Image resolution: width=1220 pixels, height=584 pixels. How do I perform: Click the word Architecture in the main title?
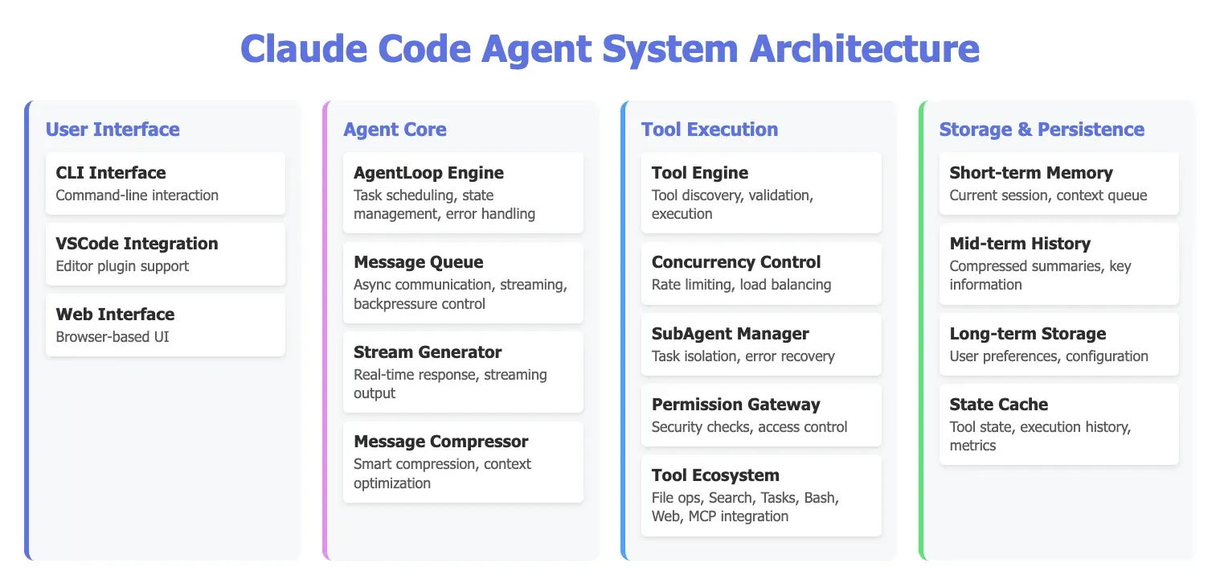pyautogui.click(x=864, y=48)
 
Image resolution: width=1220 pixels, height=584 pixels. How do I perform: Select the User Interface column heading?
pyautogui.click(x=113, y=130)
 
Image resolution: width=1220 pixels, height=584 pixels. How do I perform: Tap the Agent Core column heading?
pyautogui.click(x=395, y=130)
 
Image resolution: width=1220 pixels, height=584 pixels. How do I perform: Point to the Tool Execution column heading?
pyautogui.click(x=710, y=130)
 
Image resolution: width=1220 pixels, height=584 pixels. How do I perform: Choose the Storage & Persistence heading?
pyautogui.click(x=1042, y=130)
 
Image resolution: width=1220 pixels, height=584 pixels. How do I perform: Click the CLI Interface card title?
pyautogui.click(x=111, y=172)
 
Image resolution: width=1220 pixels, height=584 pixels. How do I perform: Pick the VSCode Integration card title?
pyautogui.click(x=137, y=243)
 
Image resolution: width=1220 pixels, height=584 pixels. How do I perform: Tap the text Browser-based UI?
pyautogui.click(x=113, y=336)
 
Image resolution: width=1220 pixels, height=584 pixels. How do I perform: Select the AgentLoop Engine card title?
pyautogui.click(x=428, y=173)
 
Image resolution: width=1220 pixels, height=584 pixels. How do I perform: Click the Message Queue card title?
pyautogui.click(x=418, y=261)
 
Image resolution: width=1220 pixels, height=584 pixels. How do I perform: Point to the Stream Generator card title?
pyautogui.click(x=428, y=352)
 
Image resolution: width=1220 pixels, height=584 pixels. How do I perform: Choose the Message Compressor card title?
pyautogui.click(x=441, y=441)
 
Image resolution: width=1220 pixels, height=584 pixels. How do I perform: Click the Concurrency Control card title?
pyautogui.click(x=736, y=262)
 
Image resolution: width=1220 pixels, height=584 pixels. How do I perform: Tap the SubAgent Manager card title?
pyautogui.click(x=731, y=334)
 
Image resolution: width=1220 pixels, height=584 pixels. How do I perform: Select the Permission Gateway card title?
pyautogui.click(x=736, y=404)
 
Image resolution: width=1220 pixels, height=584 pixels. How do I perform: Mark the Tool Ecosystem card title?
pyautogui.click(x=715, y=475)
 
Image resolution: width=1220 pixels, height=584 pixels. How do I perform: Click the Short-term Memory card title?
pyautogui.click(x=1031, y=172)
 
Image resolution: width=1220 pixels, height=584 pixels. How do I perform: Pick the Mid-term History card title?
pyautogui.click(x=1020, y=243)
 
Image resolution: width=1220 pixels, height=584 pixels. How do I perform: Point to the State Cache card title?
pyautogui.click(x=999, y=404)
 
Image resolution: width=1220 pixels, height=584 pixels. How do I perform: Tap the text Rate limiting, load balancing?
pyautogui.click(x=741, y=285)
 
